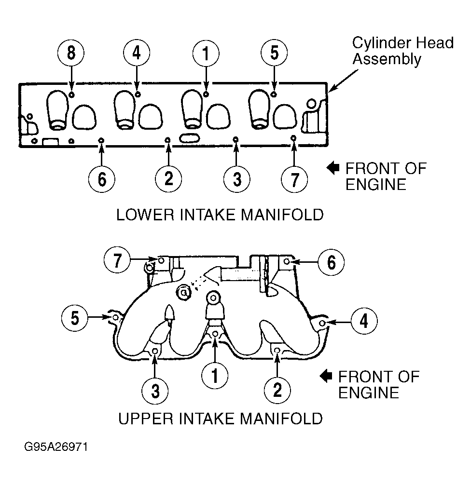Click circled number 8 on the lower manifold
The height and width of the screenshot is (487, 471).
coord(71,53)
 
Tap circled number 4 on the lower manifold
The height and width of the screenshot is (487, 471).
coord(137,53)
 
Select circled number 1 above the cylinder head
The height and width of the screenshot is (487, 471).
coord(206,54)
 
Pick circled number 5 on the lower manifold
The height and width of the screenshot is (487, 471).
coord(274,53)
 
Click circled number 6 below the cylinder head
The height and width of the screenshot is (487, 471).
coord(102,179)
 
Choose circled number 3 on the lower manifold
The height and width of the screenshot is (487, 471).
coord(237,179)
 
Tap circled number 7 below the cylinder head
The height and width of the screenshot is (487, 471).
coord(294,179)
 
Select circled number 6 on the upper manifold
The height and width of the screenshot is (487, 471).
coord(331,262)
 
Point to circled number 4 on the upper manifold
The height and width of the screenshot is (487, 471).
coord(364,321)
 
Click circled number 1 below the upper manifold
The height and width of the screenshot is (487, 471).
coord(215,376)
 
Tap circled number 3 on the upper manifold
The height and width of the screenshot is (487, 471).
coord(155,391)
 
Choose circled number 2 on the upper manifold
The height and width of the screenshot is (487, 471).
coord(277,390)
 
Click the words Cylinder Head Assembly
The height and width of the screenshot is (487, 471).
coord(402,51)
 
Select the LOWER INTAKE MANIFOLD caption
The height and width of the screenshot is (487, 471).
coord(220,215)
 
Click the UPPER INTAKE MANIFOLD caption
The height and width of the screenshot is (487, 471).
coord(221,419)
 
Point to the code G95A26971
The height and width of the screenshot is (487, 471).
coord(56,447)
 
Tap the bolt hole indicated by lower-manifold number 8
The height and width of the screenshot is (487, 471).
coord(71,95)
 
